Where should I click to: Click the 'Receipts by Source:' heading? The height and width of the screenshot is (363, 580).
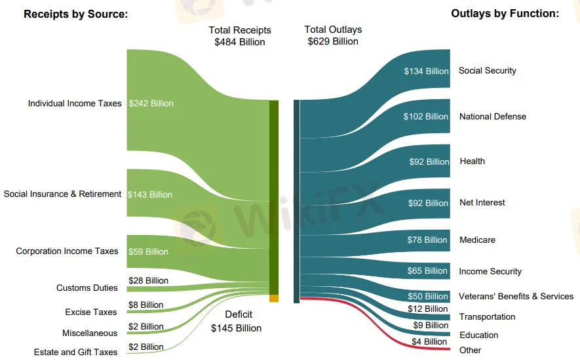pos(75,14)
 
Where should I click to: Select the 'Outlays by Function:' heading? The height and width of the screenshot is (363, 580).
pos(505,14)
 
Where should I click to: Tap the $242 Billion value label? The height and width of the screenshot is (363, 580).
pos(151,104)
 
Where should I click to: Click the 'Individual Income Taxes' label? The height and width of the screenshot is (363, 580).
pos(75,104)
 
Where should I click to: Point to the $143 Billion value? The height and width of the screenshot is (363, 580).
pos(150,194)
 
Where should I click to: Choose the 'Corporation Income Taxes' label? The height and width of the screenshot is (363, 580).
pos(68,251)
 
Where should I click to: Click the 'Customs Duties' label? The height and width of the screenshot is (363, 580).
pos(87,288)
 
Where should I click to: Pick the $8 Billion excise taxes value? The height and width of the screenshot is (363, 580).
pos(146,305)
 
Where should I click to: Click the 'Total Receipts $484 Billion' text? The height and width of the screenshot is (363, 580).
pos(240,36)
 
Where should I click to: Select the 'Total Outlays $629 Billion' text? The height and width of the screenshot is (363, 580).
pos(333,35)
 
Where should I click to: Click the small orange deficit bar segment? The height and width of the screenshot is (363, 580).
pos(274,299)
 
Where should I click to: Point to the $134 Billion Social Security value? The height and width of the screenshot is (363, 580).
pos(426,72)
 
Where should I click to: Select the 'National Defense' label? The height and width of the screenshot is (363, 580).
pos(493,117)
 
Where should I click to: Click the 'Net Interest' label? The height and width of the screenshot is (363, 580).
pos(482,203)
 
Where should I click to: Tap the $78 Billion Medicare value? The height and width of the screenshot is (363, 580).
pos(427,240)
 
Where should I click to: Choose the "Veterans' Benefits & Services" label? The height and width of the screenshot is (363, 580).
pos(516,297)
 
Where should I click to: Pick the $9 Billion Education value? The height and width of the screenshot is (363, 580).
pos(431,326)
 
